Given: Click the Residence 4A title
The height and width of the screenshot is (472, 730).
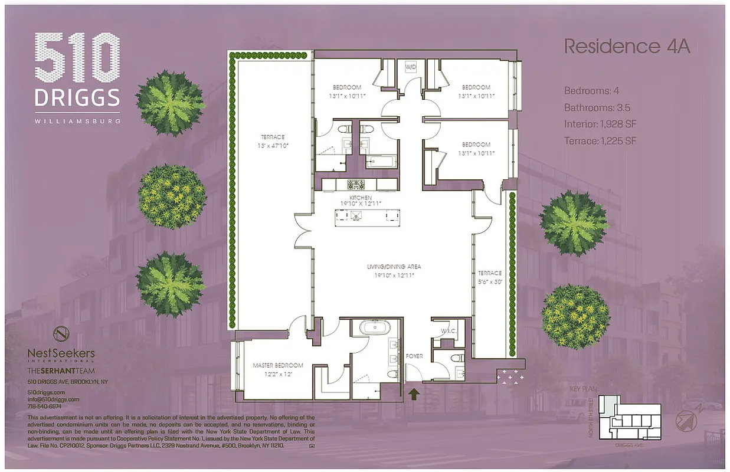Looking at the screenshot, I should click(x=627, y=47).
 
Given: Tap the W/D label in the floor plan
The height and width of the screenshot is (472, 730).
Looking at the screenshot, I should click(x=411, y=67).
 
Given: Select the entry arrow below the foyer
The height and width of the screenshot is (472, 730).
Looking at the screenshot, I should click(x=414, y=394).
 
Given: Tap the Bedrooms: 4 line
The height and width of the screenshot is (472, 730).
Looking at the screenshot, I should click(x=591, y=91).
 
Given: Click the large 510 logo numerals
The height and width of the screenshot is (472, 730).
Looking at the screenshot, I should click(x=77, y=57).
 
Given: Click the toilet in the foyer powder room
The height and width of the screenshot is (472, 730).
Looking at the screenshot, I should click(x=455, y=358).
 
